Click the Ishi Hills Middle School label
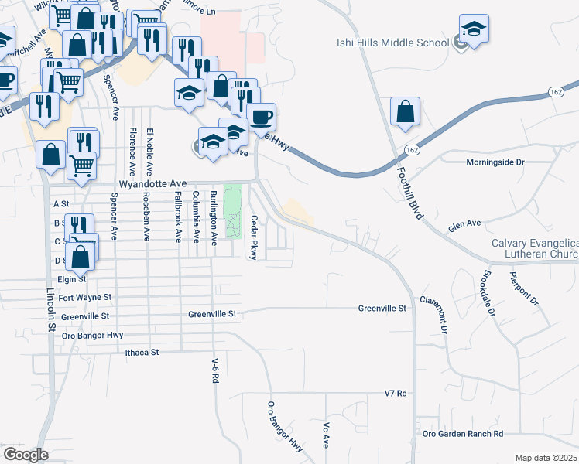click(392, 43)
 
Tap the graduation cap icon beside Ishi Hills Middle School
click(474, 29)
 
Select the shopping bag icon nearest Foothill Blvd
click(406, 111)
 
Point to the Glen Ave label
click(464, 226)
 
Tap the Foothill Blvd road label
click(408, 193)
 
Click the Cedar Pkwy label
click(253, 237)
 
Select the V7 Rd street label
click(396, 394)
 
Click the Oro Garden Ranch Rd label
click(463, 434)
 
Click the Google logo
click(26, 455)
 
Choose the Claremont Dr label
click(434, 314)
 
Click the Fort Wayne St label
click(84, 297)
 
